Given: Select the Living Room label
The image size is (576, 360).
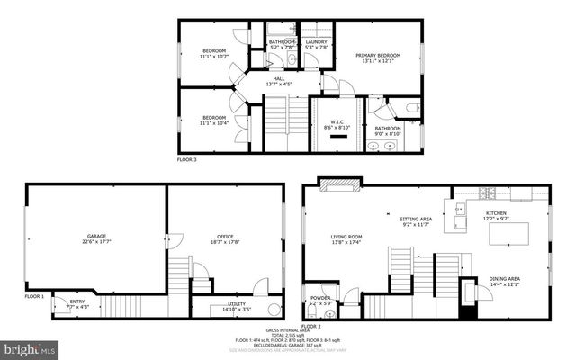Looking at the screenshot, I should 346,238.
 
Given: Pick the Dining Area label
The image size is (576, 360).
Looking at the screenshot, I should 505,280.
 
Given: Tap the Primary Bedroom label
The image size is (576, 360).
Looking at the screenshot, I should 377,55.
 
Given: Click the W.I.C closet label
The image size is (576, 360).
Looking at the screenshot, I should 337,122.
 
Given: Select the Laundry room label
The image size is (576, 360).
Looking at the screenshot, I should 316,41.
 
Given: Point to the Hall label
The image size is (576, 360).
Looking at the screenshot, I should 280,79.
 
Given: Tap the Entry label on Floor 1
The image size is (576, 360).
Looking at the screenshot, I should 76,302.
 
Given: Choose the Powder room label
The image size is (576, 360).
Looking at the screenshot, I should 321,298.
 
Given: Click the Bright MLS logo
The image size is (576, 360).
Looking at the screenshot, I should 28,346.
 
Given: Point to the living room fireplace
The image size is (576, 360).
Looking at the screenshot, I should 340,185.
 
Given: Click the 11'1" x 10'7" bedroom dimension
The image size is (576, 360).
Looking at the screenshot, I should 213,55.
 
